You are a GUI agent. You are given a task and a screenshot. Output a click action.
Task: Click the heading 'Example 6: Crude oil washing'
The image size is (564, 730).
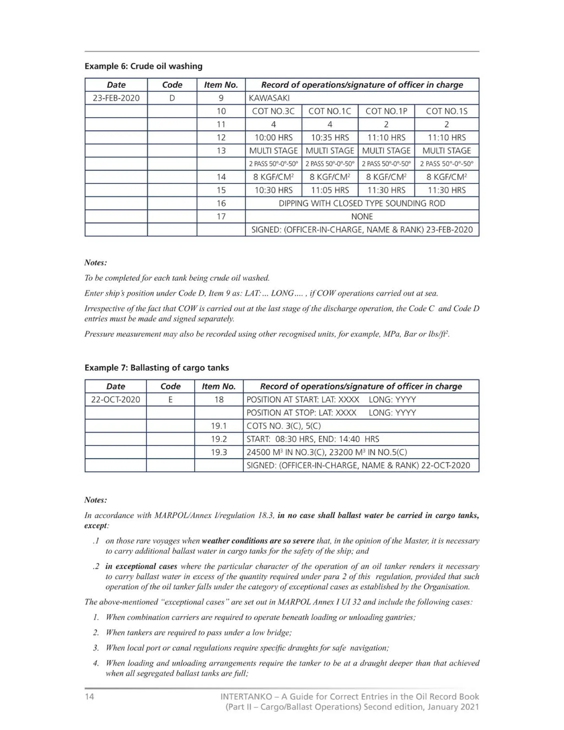(x=143, y=66)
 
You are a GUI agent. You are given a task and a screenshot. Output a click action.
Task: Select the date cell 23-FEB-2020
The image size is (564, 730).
(x=116, y=98)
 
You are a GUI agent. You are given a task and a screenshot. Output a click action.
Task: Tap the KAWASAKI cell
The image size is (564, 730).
(x=269, y=98)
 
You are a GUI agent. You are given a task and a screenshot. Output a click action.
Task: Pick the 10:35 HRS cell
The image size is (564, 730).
(x=330, y=137)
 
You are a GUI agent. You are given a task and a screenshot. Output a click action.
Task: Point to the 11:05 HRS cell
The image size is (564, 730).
(x=330, y=190)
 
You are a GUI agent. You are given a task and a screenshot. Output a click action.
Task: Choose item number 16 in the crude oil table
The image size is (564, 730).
(x=221, y=203)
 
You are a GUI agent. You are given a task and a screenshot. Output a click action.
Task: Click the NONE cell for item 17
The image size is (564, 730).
(x=362, y=216)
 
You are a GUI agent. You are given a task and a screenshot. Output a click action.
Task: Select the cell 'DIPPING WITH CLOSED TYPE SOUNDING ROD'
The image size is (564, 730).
(x=362, y=203)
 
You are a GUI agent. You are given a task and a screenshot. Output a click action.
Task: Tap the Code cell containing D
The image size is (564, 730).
(x=172, y=98)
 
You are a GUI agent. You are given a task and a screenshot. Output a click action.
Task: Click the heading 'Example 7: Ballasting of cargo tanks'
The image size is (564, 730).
(x=156, y=368)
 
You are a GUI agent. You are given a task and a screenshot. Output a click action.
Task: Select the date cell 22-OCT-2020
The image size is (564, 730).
(x=116, y=399)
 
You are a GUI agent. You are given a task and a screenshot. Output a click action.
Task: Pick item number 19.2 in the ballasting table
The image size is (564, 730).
(x=219, y=439)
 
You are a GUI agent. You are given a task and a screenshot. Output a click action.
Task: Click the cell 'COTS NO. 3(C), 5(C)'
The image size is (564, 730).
(x=283, y=426)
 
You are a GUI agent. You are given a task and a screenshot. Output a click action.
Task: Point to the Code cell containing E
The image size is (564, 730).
(x=170, y=399)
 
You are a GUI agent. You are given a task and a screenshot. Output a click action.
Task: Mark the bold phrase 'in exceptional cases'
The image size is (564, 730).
(x=141, y=566)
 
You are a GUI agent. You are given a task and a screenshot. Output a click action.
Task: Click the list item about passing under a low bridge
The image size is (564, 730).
(x=199, y=632)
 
